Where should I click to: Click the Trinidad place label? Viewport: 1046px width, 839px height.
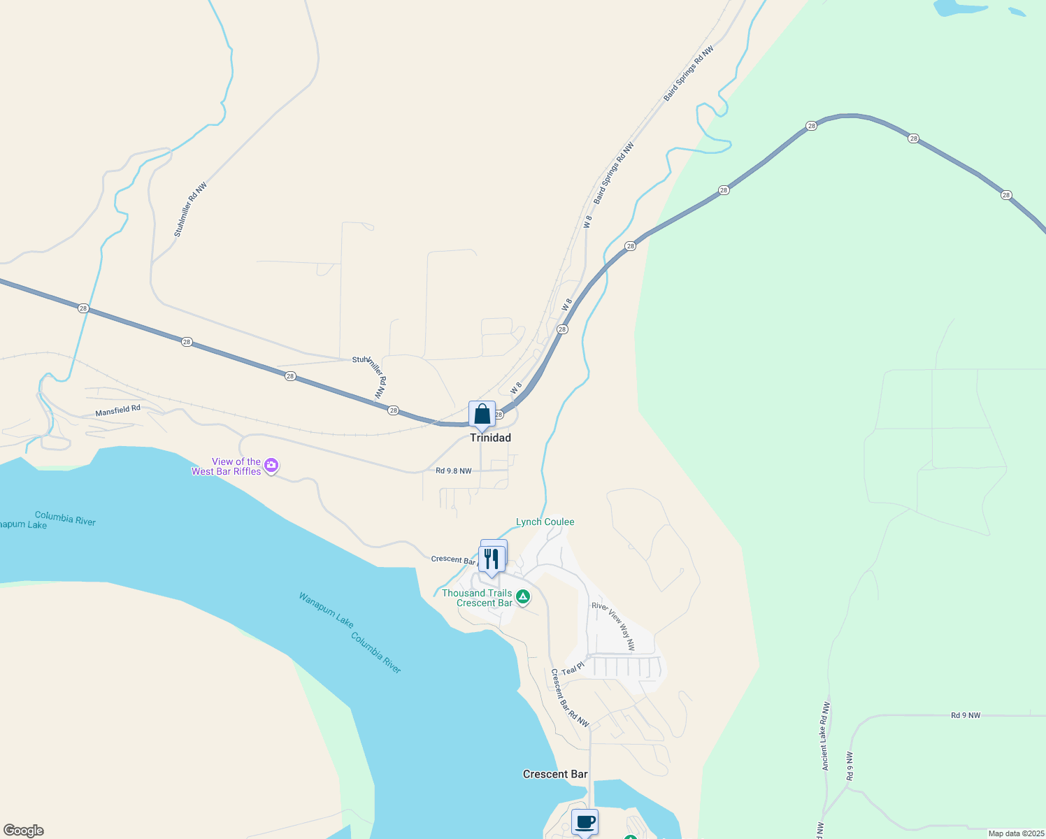pyautogui.click(x=490, y=438)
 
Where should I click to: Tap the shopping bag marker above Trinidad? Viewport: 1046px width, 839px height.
pyautogui.click(x=482, y=415)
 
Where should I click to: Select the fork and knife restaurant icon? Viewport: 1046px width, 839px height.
pyautogui.click(x=492, y=559)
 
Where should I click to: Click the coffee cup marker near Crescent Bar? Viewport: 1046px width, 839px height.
pyautogui.click(x=585, y=822)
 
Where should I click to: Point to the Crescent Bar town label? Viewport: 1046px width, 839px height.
pyautogui.click(x=555, y=774)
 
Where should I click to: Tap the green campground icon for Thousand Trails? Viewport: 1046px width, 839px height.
pyautogui.click(x=523, y=597)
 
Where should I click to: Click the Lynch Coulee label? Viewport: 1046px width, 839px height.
pyautogui.click(x=545, y=522)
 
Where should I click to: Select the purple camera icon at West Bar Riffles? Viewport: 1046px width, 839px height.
pyautogui.click(x=271, y=466)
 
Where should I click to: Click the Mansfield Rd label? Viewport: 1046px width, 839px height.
pyautogui.click(x=117, y=410)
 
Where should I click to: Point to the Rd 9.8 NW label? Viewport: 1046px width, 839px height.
pyautogui.click(x=453, y=471)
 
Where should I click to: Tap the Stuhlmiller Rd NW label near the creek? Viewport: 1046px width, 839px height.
pyautogui.click(x=190, y=210)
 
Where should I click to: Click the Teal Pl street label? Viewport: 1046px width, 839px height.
pyautogui.click(x=572, y=670)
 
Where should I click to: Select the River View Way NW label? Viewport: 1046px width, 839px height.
pyautogui.click(x=613, y=626)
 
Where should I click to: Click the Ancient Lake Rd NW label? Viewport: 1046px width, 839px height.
pyautogui.click(x=826, y=736)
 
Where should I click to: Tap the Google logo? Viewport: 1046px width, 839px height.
pyautogui.click(x=23, y=831)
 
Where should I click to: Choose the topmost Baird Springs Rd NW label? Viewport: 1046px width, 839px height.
pyautogui.click(x=689, y=73)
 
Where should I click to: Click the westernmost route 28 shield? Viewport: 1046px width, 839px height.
pyautogui.click(x=83, y=308)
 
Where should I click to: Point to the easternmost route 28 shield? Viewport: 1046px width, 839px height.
pyautogui.click(x=1006, y=195)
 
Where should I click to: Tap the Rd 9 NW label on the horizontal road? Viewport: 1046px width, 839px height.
pyautogui.click(x=965, y=715)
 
